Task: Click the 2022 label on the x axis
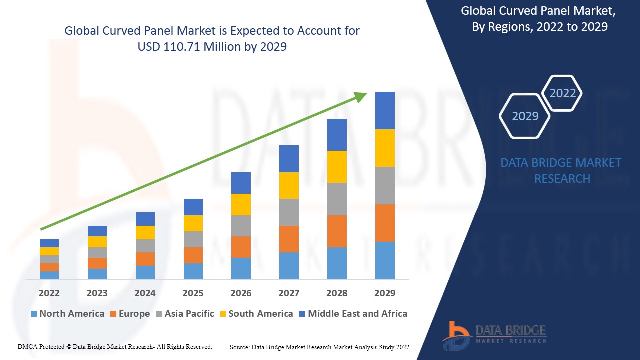[49, 293]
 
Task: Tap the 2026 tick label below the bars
[241, 293]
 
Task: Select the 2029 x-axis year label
[385, 293]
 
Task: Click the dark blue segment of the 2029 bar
[385, 110]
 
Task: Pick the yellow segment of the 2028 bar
[337, 166]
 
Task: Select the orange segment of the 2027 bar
[289, 239]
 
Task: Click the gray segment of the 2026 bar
[241, 225]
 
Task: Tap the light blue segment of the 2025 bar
[193, 271]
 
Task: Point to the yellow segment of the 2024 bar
[145, 232]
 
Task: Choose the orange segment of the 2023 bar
[97, 263]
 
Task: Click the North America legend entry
[67, 314]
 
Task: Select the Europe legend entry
[130, 314]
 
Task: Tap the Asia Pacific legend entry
[185, 314]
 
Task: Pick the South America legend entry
[256, 314]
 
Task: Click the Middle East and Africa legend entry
[353, 314]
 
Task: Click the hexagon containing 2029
[525, 116]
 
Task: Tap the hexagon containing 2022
[562, 93]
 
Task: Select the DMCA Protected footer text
[115, 346]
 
